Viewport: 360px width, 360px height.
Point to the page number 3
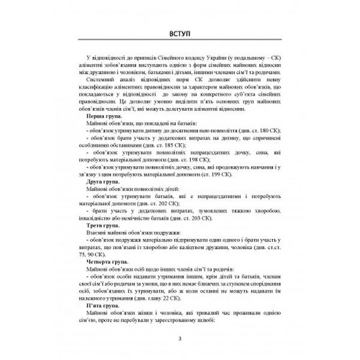[180, 341]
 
